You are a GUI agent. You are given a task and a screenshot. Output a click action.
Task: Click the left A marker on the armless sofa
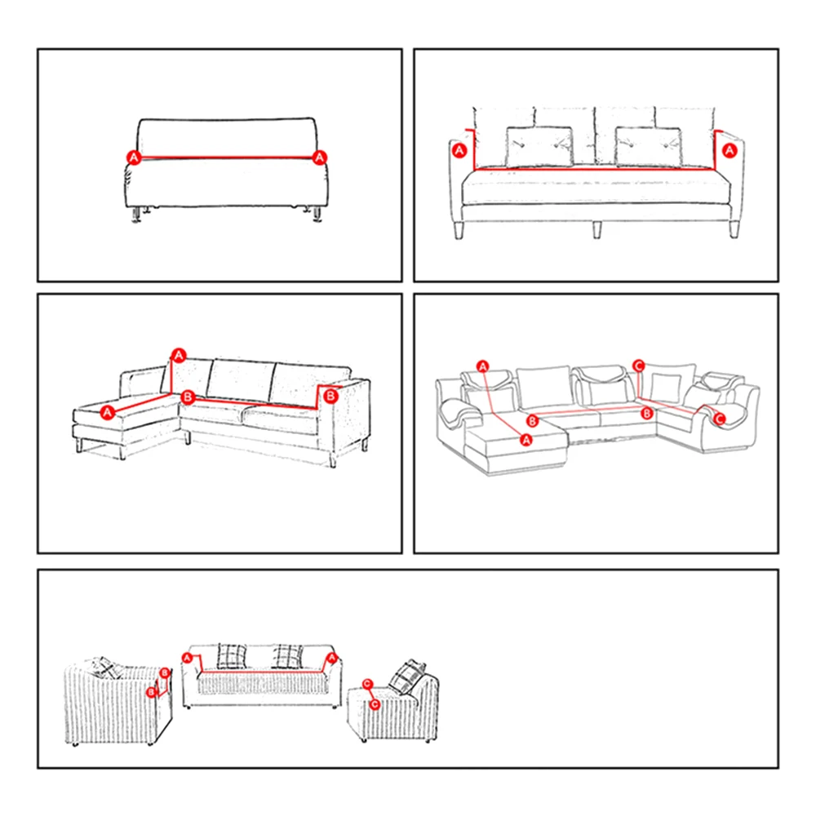pyautogui.click(x=134, y=156)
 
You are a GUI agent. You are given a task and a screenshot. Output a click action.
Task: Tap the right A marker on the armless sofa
pyautogui.click(x=321, y=156)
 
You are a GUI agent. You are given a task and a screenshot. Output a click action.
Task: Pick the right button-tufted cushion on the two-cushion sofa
pyautogui.click(x=649, y=147)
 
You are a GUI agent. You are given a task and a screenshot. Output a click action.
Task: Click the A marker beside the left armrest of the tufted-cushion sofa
pyautogui.click(x=459, y=150)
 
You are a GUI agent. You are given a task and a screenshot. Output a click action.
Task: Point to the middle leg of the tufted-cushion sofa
pyautogui.click(x=598, y=228)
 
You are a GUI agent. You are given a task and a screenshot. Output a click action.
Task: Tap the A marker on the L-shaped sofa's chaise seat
pyautogui.click(x=108, y=414)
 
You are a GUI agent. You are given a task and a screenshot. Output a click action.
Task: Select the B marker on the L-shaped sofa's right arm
pyautogui.click(x=330, y=396)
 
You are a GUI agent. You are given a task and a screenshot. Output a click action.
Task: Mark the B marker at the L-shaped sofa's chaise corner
pyautogui.click(x=188, y=397)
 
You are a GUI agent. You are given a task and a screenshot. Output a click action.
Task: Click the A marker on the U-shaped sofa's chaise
pyautogui.click(x=526, y=439)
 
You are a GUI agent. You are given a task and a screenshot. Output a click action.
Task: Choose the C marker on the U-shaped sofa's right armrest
pyautogui.click(x=719, y=419)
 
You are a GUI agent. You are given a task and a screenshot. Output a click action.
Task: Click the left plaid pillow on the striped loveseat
pyautogui.click(x=231, y=656)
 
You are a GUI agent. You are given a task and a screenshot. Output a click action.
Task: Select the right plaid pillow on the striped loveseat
pyautogui.click(x=287, y=656)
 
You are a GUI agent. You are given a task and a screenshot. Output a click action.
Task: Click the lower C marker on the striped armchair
pyautogui.click(x=375, y=703)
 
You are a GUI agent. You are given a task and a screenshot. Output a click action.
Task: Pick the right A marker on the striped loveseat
pyautogui.click(x=331, y=657)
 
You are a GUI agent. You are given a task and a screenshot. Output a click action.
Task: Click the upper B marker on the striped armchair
pyautogui.click(x=164, y=673)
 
